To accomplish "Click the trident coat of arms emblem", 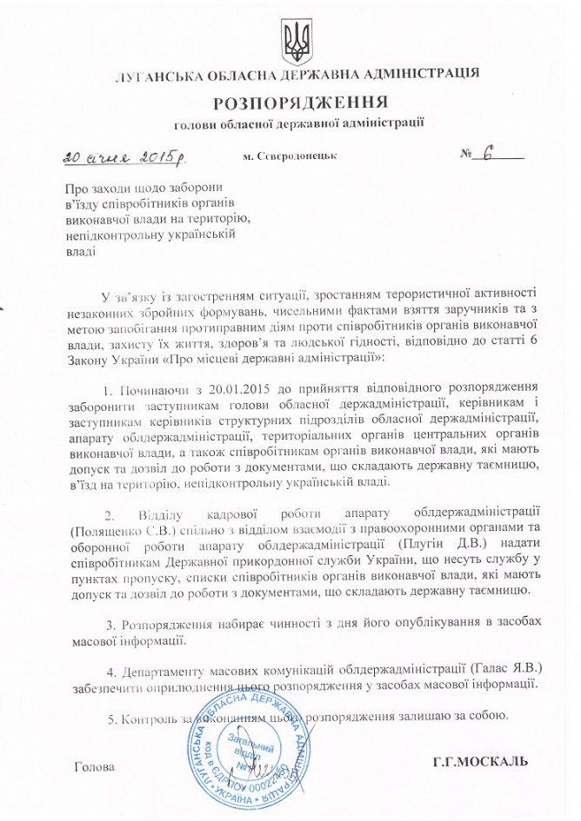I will click(290, 37).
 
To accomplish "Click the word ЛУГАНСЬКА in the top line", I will click(153, 75).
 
